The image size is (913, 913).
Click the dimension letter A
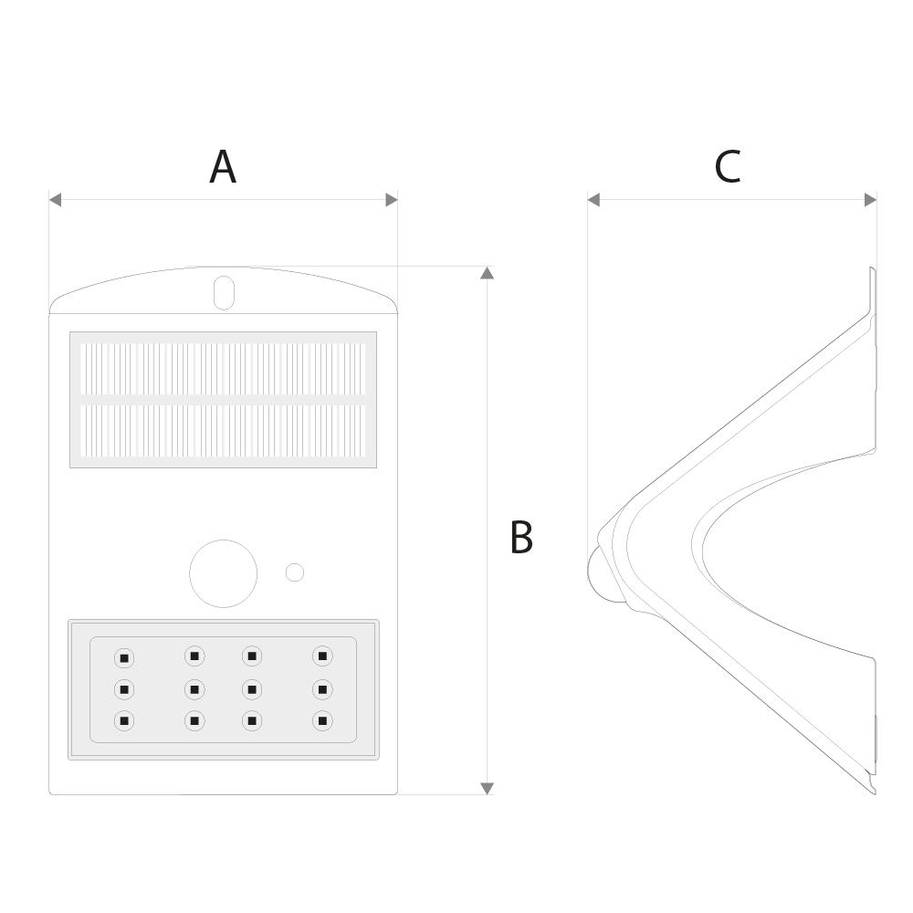pos(223,168)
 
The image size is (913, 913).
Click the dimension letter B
pos(521,537)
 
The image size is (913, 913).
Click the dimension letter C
pos(728,168)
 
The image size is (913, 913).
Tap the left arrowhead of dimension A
pos(56,200)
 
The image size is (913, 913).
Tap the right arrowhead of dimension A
pos(392,200)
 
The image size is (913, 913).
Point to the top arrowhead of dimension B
pos(488,272)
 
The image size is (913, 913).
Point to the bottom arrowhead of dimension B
pos(488,789)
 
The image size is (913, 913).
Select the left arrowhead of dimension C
pos(594,200)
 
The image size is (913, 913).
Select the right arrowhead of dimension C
pos(870,200)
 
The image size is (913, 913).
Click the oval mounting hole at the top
pos(225,293)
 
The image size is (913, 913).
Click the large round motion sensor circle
pos(223,573)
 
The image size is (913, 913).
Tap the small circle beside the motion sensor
pos(295,572)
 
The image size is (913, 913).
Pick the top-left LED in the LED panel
pos(124,658)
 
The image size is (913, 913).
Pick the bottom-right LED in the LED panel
pos(322,721)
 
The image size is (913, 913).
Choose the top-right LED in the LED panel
pos(322,656)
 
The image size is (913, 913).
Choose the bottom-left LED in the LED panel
pos(124,721)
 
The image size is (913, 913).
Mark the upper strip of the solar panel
pos(223,369)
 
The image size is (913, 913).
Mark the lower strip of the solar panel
pos(223,431)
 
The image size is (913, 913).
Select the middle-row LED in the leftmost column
pos(124,689)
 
